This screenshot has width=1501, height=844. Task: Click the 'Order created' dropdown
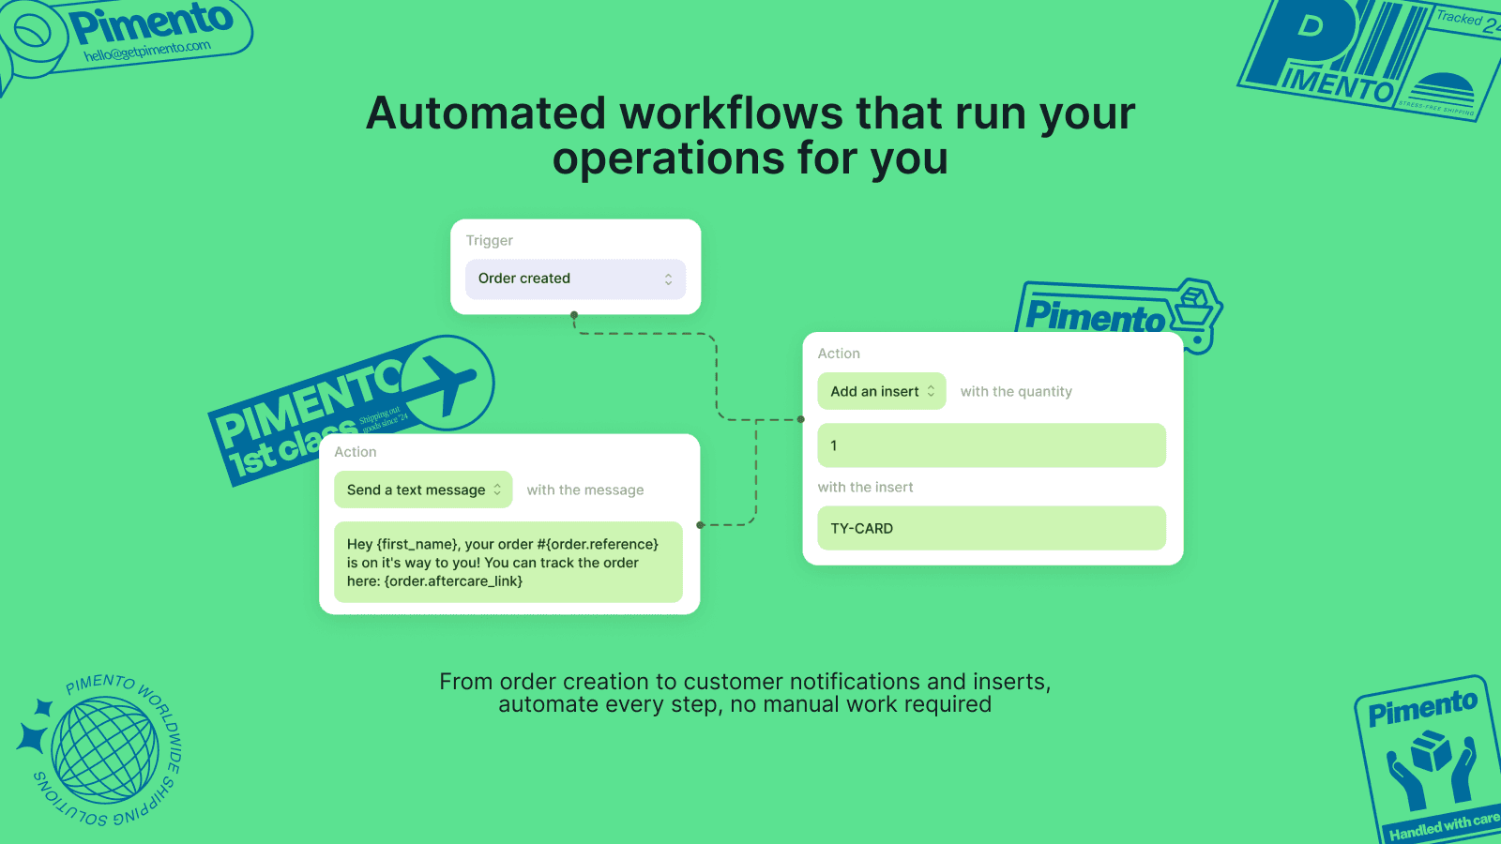(x=575, y=279)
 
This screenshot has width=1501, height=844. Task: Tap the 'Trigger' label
(x=490, y=241)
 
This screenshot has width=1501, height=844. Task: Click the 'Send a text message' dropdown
(x=423, y=490)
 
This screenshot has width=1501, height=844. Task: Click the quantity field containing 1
(x=992, y=445)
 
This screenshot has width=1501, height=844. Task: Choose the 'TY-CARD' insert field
(x=992, y=528)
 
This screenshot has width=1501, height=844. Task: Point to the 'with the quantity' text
(x=1016, y=392)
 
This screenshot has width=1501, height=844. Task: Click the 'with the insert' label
(x=865, y=488)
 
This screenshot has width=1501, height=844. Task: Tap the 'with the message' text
(x=585, y=490)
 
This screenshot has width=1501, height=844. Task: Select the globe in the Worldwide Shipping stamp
(x=105, y=750)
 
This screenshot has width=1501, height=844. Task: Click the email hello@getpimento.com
(x=147, y=51)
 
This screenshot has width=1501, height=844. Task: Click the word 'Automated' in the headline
(x=486, y=113)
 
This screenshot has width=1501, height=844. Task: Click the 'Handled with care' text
(x=1445, y=825)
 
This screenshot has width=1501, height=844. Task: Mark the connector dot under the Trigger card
(x=574, y=315)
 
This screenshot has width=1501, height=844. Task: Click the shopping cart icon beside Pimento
(x=1194, y=309)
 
